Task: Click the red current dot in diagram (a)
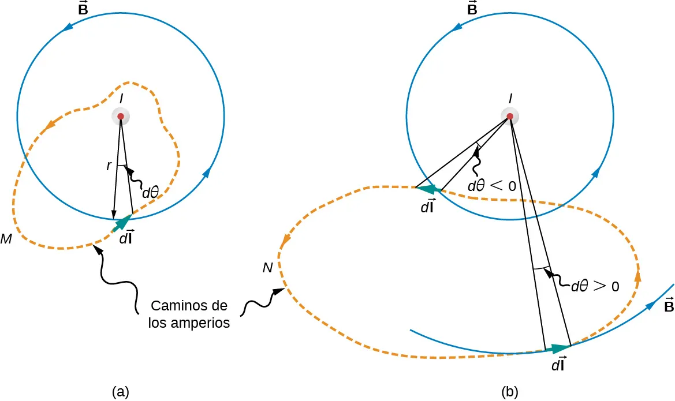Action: click(x=120, y=117)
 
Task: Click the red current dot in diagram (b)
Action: click(x=510, y=117)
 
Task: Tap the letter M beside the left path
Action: click(x=7, y=238)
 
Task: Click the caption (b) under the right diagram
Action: click(x=510, y=392)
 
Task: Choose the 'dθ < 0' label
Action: click(x=492, y=186)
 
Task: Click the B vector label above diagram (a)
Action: click(x=83, y=10)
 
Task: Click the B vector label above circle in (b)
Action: click(x=472, y=10)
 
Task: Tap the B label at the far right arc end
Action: click(x=667, y=305)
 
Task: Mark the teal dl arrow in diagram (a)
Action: click(x=123, y=223)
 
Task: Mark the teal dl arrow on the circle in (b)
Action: click(x=429, y=188)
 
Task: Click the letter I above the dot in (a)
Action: click(x=120, y=99)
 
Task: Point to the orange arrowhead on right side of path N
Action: click(x=637, y=275)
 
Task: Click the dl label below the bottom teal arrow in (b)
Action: click(x=558, y=365)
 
